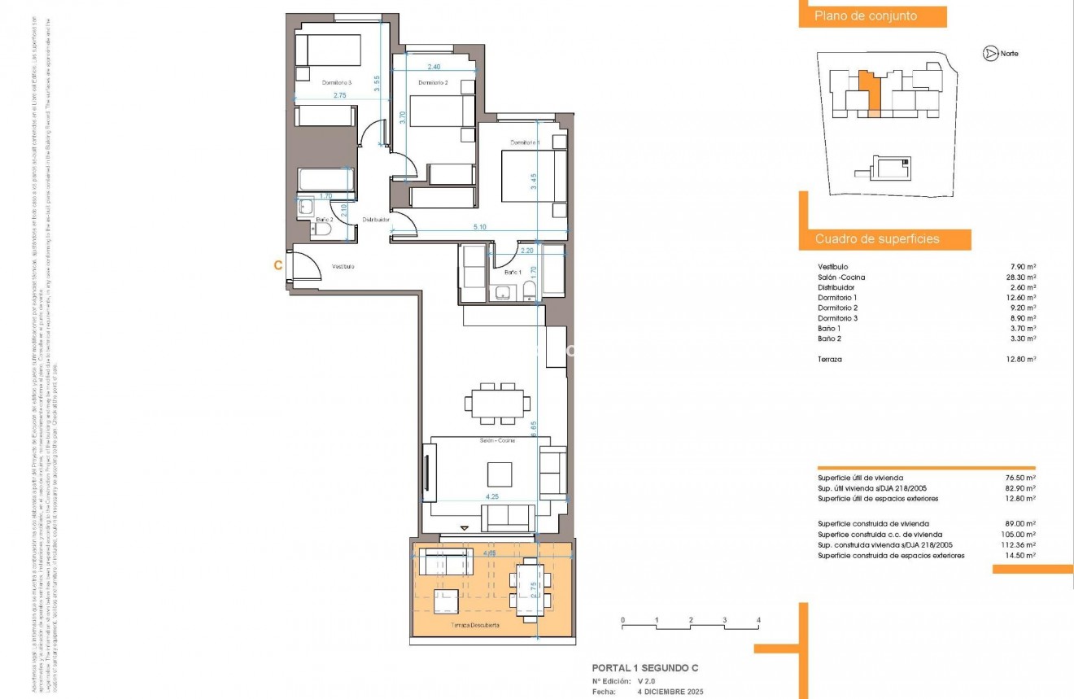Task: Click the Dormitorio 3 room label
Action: click(x=336, y=83)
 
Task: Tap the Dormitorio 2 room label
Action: click(x=433, y=83)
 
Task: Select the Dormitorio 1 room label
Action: click(x=525, y=142)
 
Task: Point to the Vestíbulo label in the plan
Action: click(x=343, y=267)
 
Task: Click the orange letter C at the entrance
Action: click(x=278, y=264)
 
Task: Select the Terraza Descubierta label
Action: click(x=476, y=626)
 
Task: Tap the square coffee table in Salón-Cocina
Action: click(x=500, y=474)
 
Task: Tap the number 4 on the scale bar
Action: click(x=758, y=621)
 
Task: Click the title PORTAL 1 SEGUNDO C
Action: click(x=644, y=668)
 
